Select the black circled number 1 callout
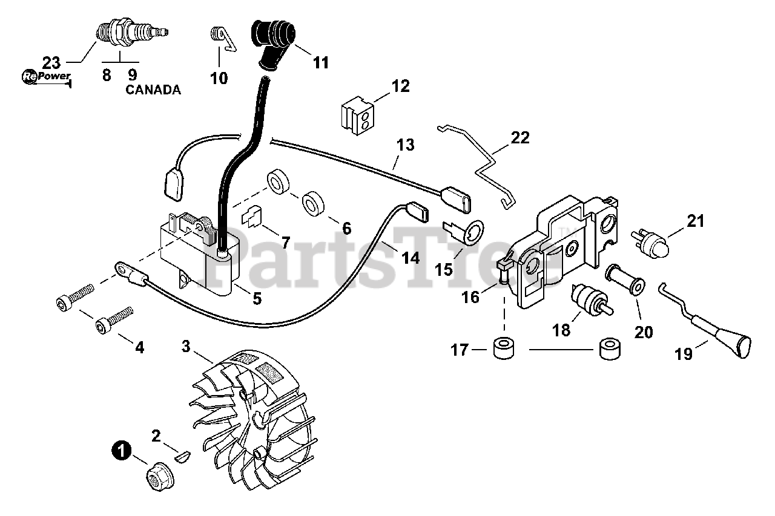coord(122,450)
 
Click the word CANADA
coord(153,90)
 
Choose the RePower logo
coord(46,77)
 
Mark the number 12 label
coord(401,85)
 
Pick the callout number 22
coord(520,138)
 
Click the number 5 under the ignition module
coord(257,298)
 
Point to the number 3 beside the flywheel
coord(186,346)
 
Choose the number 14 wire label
coord(410,258)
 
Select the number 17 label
coord(461,350)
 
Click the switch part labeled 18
coord(590,300)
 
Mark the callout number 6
coord(346,228)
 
